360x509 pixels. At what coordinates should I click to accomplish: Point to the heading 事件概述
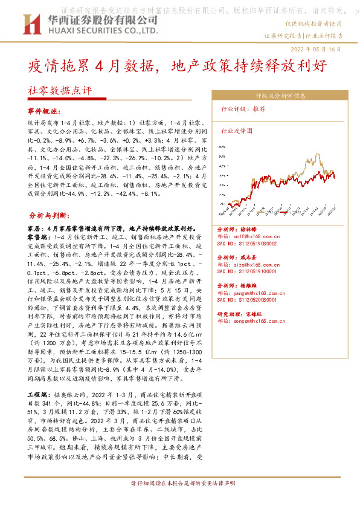(x=45, y=112)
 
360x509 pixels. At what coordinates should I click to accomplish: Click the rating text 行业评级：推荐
(x=243, y=111)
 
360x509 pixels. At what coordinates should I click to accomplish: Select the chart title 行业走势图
(x=236, y=129)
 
